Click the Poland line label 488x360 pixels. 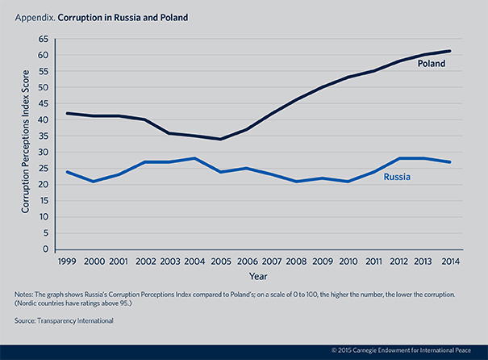(x=432, y=63)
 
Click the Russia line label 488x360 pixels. (x=398, y=174)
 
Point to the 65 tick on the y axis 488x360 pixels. (x=44, y=39)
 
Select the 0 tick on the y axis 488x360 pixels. (x=47, y=249)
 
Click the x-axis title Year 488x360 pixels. (x=258, y=276)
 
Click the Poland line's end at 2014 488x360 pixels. (x=449, y=51)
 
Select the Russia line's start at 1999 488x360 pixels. (x=67, y=172)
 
